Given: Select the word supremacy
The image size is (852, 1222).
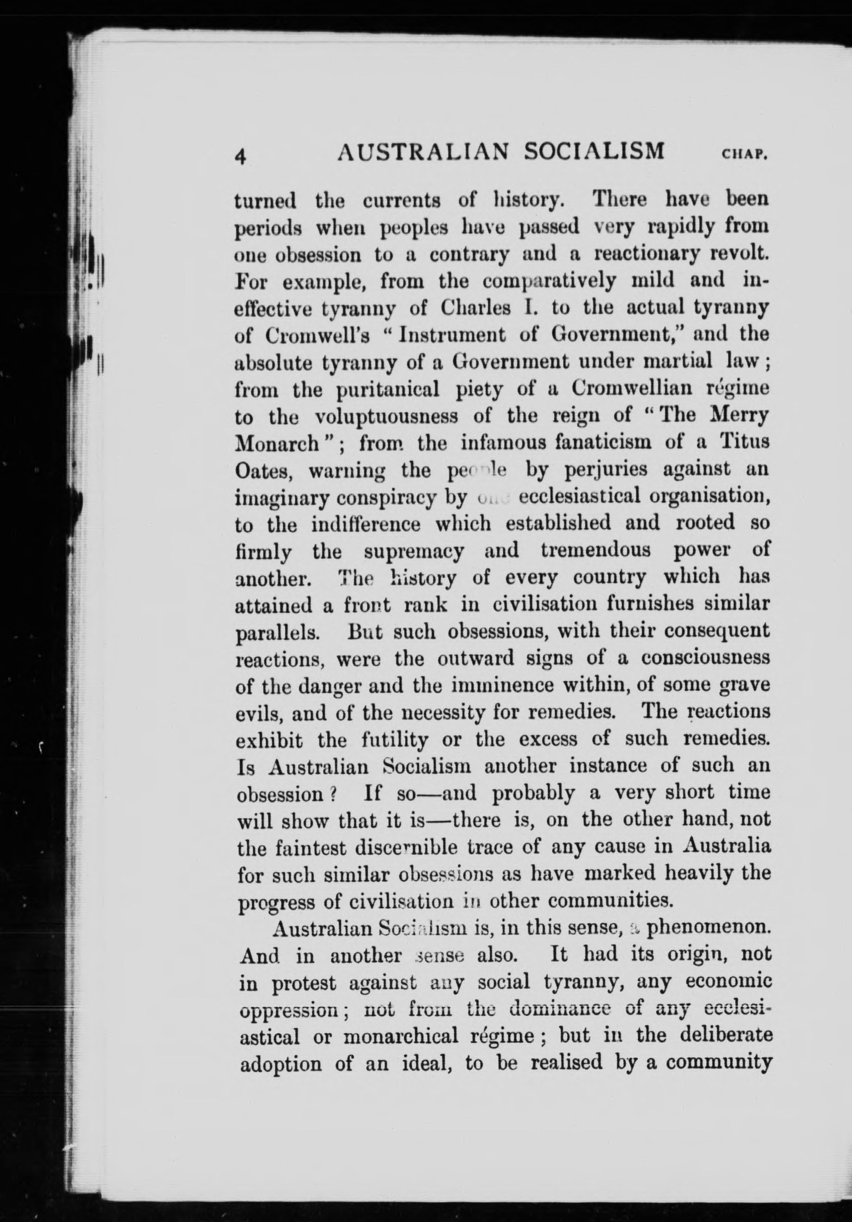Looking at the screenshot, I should point(414,550).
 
